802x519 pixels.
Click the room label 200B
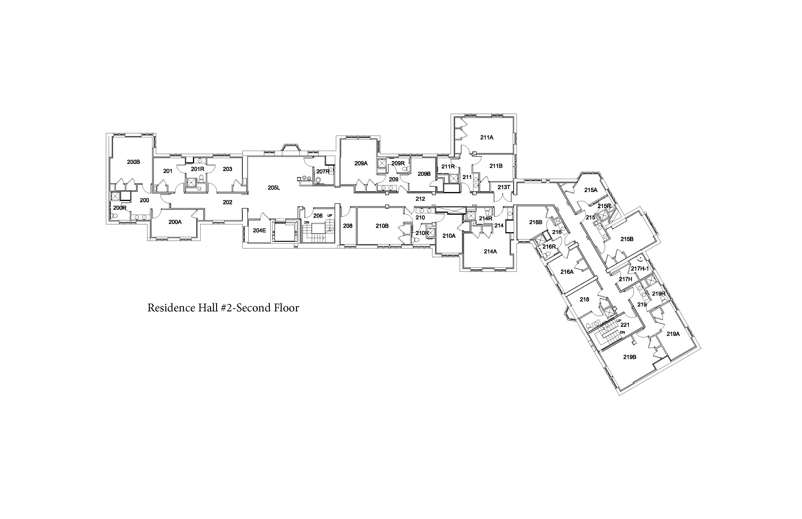134,162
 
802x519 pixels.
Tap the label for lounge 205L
274,188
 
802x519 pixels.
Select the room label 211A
487,138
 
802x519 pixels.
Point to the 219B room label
630,357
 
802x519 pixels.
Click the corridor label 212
420,199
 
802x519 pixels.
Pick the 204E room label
259,231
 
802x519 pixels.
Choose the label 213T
504,187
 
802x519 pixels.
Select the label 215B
627,239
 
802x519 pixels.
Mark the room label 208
348,226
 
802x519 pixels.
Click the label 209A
361,163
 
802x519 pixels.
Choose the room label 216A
567,272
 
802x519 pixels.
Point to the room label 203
227,169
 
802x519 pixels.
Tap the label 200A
175,222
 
